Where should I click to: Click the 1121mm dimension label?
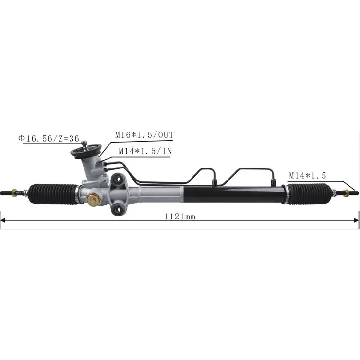coord(180,216)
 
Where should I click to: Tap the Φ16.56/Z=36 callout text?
coord(48,138)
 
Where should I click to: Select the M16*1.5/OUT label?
coord(144,135)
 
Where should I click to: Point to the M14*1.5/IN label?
coord(145,151)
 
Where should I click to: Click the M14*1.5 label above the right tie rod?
coord(307,176)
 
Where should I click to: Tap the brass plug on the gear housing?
coord(94,200)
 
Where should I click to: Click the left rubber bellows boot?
coord(53,194)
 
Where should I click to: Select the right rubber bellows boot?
coord(310,194)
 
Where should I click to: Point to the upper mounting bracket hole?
coord(118,179)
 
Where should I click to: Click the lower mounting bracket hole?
coord(119,209)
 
